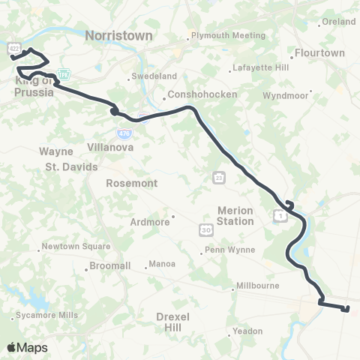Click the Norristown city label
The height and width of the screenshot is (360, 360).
pyautogui.click(x=118, y=35)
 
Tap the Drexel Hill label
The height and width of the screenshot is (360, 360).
pyautogui.click(x=172, y=322)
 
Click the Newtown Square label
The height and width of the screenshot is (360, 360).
pyautogui.click(x=76, y=246)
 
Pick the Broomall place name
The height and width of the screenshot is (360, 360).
pyautogui.click(x=109, y=265)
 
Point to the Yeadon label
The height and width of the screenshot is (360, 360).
pyautogui.click(x=247, y=331)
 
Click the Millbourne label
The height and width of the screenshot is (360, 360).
pyautogui.click(x=257, y=286)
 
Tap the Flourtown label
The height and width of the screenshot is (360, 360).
pyautogui.click(x=319, y=53)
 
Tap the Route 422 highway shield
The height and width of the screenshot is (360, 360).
pyautogui.click(x=13, y=49)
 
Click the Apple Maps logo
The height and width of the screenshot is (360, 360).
pyautogui.click(x=27, y=347)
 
